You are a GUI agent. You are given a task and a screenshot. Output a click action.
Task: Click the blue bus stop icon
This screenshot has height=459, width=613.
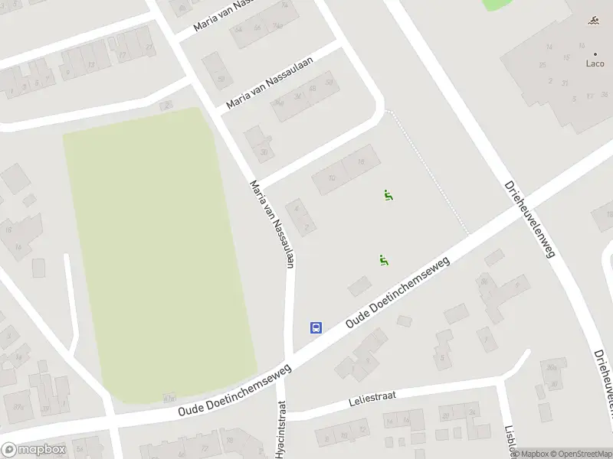(x=315, y=327)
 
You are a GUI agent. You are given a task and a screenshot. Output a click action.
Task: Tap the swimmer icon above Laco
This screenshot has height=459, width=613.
(x=595, y=21)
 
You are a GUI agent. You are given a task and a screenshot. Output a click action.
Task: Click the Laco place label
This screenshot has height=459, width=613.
(x=595, y=63)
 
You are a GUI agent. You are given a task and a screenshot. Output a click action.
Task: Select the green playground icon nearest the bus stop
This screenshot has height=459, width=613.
(x=383, y=260)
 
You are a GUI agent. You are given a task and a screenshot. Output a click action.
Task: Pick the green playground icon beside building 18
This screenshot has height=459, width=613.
(x=388, y=195)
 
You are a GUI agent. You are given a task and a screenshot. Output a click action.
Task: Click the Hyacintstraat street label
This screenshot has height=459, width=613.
(x=280, y=429)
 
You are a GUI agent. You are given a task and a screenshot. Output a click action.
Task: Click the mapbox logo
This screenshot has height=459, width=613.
(x=32, y=450)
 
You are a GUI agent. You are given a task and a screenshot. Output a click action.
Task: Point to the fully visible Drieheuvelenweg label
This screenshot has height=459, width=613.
(x=529, y=220)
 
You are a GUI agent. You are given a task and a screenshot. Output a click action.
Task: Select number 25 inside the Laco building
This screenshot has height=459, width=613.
(x=543, y=65)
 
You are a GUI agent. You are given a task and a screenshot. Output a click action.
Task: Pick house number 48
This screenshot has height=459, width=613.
(x=312, y=88)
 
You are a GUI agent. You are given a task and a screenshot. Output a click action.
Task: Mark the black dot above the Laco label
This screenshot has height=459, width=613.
(x=595, y=54)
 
